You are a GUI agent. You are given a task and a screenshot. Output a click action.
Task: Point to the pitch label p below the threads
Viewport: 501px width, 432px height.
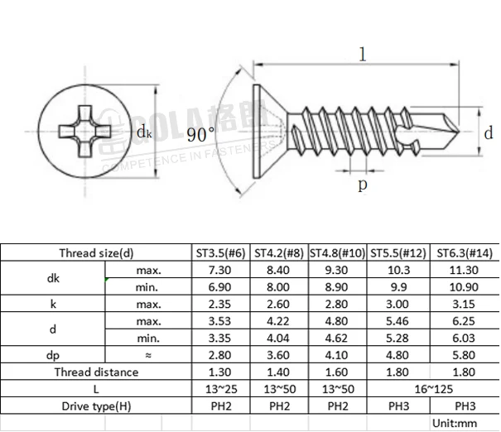tap(362, 184)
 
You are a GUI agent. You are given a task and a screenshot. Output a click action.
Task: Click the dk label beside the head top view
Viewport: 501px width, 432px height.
tap(143, 132)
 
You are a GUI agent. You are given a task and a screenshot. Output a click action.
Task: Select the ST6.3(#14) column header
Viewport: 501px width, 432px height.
tap(465, 252)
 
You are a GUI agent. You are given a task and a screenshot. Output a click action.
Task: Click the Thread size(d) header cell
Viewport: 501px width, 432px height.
tap(96, 252)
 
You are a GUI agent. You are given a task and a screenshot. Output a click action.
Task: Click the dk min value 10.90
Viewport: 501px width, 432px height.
tap(465, 286)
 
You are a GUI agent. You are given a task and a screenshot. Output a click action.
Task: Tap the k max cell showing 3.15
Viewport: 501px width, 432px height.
tap(465, 304)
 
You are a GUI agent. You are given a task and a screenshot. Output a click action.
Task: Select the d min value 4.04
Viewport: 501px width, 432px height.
tap(279, 338)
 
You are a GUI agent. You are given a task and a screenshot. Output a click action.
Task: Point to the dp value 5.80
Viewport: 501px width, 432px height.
tap(465, 355)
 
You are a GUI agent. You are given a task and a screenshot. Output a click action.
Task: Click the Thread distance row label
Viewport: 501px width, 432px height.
tap(96, 372)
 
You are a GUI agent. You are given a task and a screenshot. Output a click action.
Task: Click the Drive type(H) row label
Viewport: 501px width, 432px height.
tap(96, 406)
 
